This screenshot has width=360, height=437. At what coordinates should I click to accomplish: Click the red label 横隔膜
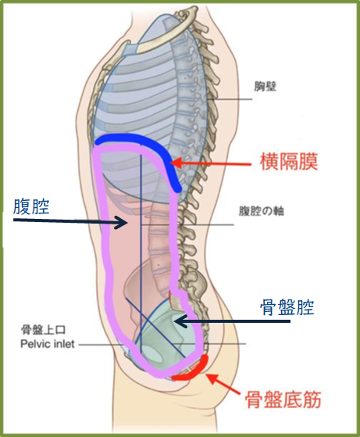[x=289, y=162]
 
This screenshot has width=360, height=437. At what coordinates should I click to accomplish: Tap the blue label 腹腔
[x=31, y=206]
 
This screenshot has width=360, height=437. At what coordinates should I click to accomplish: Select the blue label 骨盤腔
[x=287, y=307]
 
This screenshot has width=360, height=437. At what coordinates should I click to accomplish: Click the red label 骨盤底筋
[x=283, y=399]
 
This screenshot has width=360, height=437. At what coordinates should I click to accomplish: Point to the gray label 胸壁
[x=265, y=87]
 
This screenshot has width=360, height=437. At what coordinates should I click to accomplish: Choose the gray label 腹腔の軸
[x=262, y=211]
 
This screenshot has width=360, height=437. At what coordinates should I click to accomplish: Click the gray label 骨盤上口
[x=44, y=330]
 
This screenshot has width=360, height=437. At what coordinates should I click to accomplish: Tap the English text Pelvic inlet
[x=48, y=344]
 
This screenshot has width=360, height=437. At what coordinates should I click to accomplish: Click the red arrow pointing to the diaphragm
[x=211, y=163]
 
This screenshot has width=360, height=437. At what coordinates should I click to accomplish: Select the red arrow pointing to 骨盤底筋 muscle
[x=223, y=385]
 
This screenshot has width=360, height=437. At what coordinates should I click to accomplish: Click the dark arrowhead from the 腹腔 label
[x=121, y=222]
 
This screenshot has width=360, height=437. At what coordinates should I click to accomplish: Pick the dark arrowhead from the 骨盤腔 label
[x=181, y=321]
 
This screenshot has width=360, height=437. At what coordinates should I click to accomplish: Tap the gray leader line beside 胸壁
[x=230, y=99]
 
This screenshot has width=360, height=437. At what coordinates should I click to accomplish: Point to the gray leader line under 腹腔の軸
[x=187, y=224]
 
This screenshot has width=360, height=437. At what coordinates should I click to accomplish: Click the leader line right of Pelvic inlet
[x=102, y=345]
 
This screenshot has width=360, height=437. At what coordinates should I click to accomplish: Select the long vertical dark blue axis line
[x=141, y=253]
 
